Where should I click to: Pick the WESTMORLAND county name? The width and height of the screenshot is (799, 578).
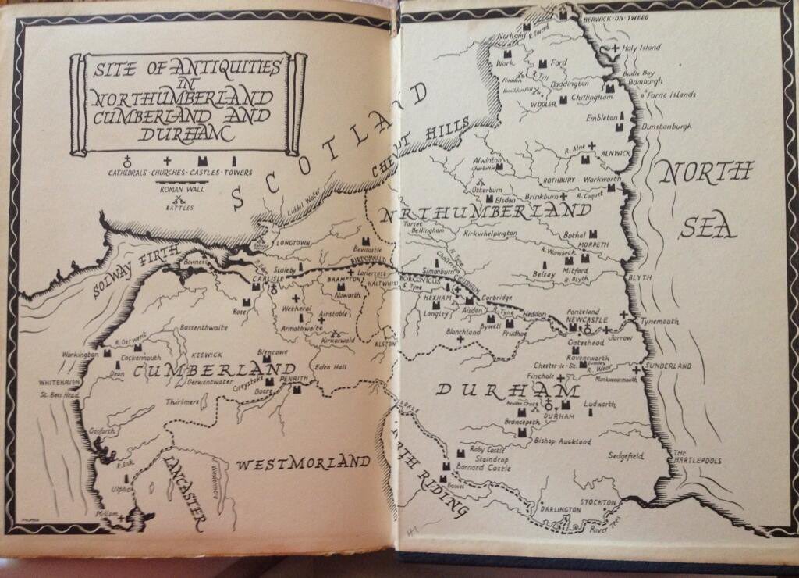tap(302, 463)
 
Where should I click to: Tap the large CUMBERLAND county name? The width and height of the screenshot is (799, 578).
tap(204, 369)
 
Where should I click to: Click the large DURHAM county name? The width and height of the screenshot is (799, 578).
tap(507, 389)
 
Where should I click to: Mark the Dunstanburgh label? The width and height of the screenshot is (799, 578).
tap(666, 125)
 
